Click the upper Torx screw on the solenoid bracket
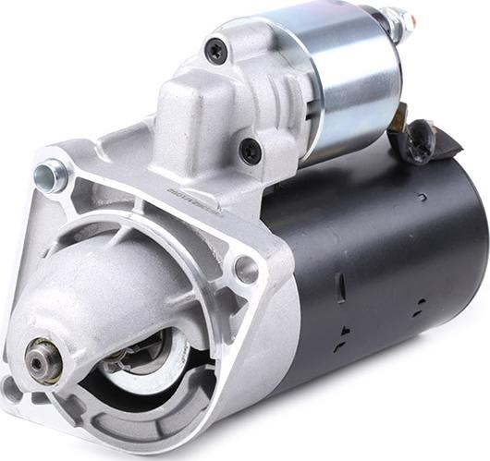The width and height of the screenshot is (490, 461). (216, 50)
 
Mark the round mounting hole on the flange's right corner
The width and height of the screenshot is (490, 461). (246, 269)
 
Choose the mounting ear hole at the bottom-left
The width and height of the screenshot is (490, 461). (12, 388)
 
